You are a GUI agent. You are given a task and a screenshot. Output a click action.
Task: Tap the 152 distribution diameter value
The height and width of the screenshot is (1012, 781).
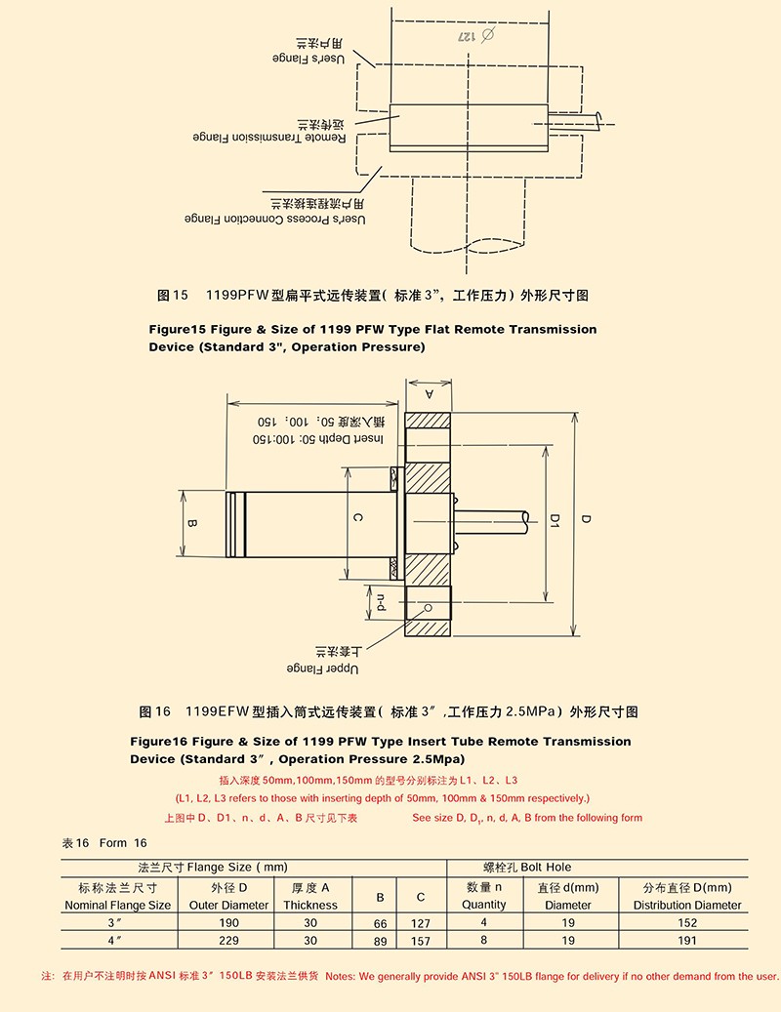pos(686,922)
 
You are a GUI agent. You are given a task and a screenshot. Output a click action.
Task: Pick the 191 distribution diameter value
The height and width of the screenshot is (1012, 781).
pos(686,941)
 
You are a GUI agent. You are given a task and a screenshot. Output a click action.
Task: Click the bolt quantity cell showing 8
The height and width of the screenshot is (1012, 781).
pos(484,941)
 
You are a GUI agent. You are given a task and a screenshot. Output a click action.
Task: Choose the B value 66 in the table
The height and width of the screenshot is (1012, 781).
pos(380,923)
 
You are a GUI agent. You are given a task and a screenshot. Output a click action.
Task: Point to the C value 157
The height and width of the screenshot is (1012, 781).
pos(420,942)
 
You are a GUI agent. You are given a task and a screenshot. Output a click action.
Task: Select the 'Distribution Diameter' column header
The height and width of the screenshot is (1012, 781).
pos(687,905)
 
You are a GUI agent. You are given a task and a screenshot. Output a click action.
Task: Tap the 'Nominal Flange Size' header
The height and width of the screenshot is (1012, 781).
pos(117,905)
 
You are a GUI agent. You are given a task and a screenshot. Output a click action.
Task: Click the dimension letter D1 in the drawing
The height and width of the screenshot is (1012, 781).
pos(553,520)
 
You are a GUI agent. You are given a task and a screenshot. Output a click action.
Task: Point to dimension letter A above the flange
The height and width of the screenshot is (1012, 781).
pos(429,393)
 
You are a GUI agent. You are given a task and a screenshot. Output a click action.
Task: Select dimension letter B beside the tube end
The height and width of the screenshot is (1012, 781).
pos(192,523)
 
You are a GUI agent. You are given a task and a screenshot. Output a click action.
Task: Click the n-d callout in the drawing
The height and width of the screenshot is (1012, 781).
pos(382,602)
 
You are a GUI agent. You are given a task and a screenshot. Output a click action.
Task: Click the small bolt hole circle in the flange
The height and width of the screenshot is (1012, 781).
pos(426,607)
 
